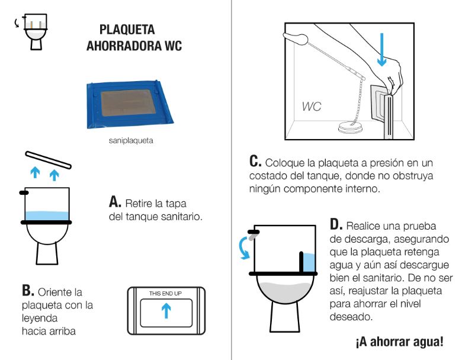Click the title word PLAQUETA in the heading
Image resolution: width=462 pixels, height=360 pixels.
127,30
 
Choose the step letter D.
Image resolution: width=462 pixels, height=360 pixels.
336,226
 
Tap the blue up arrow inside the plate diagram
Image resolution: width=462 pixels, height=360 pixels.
166,311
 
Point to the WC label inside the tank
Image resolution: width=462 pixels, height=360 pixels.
312,107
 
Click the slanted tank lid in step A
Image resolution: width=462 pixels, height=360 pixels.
49,159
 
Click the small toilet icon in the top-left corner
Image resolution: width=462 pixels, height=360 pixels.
35,31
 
